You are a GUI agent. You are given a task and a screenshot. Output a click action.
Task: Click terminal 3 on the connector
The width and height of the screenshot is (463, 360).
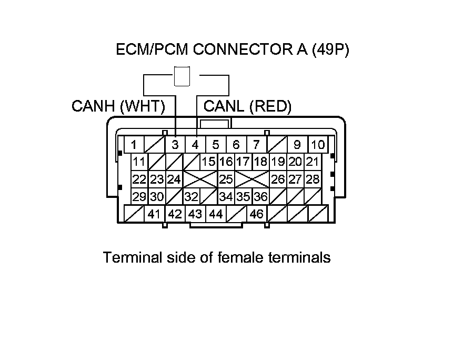[175, 144]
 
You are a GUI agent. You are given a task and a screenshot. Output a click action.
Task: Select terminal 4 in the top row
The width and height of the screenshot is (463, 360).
[195, 144]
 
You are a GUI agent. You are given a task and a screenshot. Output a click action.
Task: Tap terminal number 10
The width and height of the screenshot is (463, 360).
[318, 144]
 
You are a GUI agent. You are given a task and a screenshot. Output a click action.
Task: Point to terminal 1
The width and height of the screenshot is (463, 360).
[135, 144]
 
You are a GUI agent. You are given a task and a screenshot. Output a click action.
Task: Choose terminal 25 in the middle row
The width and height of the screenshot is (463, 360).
[226, 179]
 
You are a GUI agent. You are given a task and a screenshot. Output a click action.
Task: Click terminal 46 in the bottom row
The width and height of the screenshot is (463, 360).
[256, 214]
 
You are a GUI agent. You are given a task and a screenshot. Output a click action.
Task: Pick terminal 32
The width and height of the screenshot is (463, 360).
[192, 197]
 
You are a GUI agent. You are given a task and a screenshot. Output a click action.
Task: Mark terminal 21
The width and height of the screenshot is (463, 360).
[313, 162]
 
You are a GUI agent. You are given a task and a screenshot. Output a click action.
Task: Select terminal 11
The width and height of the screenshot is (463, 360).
[139, 162]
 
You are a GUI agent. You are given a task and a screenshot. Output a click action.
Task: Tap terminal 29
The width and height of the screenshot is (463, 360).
[139, 197]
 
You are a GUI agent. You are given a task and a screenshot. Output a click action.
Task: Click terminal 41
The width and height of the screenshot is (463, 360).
[154, 214]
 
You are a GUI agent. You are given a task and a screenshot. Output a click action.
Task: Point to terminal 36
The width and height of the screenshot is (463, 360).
[260, 197]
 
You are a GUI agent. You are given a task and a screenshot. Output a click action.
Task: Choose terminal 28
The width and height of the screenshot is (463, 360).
[313, 179]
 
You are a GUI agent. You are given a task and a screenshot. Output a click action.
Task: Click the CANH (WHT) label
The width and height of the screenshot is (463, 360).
[118, 107]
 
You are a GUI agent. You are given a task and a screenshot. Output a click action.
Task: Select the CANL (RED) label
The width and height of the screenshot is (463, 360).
[247, 107]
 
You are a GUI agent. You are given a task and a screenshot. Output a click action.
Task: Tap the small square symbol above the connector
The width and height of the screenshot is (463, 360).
[182, 76]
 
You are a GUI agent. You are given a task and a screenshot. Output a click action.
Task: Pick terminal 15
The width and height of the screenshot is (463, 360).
[209, 162]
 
